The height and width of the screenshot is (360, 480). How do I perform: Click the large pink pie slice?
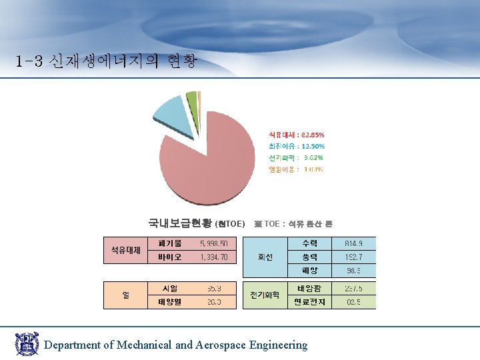[x=207, y=167]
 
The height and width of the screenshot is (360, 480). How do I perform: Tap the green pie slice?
[x=191, y=102]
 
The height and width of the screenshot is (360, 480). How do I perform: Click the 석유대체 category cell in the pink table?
[x=125, y=250]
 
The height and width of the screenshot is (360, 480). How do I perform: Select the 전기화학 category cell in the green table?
[x=264, y=295]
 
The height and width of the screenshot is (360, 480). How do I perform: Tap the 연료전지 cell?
[x=310, y=302]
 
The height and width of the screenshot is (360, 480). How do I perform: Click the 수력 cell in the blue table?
[x=310, y=243]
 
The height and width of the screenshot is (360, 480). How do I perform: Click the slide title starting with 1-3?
[x=107, y=62]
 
